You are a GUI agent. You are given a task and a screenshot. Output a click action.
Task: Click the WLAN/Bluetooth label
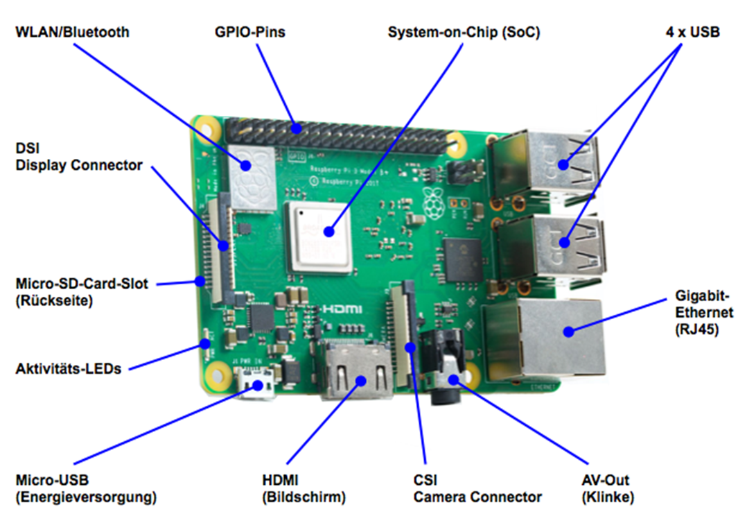pos(72,32)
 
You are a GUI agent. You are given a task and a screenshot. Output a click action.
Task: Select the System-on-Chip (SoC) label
pos(464,32)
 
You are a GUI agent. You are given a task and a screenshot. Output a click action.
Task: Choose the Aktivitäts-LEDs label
pos(68,368)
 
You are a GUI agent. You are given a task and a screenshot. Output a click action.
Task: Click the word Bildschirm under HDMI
pos(304,497)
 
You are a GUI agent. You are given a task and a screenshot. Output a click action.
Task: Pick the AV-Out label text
pos(606,480)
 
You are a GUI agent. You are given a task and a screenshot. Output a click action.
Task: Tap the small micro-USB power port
pos(256,385)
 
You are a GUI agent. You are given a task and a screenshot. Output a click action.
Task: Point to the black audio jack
pos(443,371)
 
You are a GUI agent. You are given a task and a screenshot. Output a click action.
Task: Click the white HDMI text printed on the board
pos(341,307)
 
